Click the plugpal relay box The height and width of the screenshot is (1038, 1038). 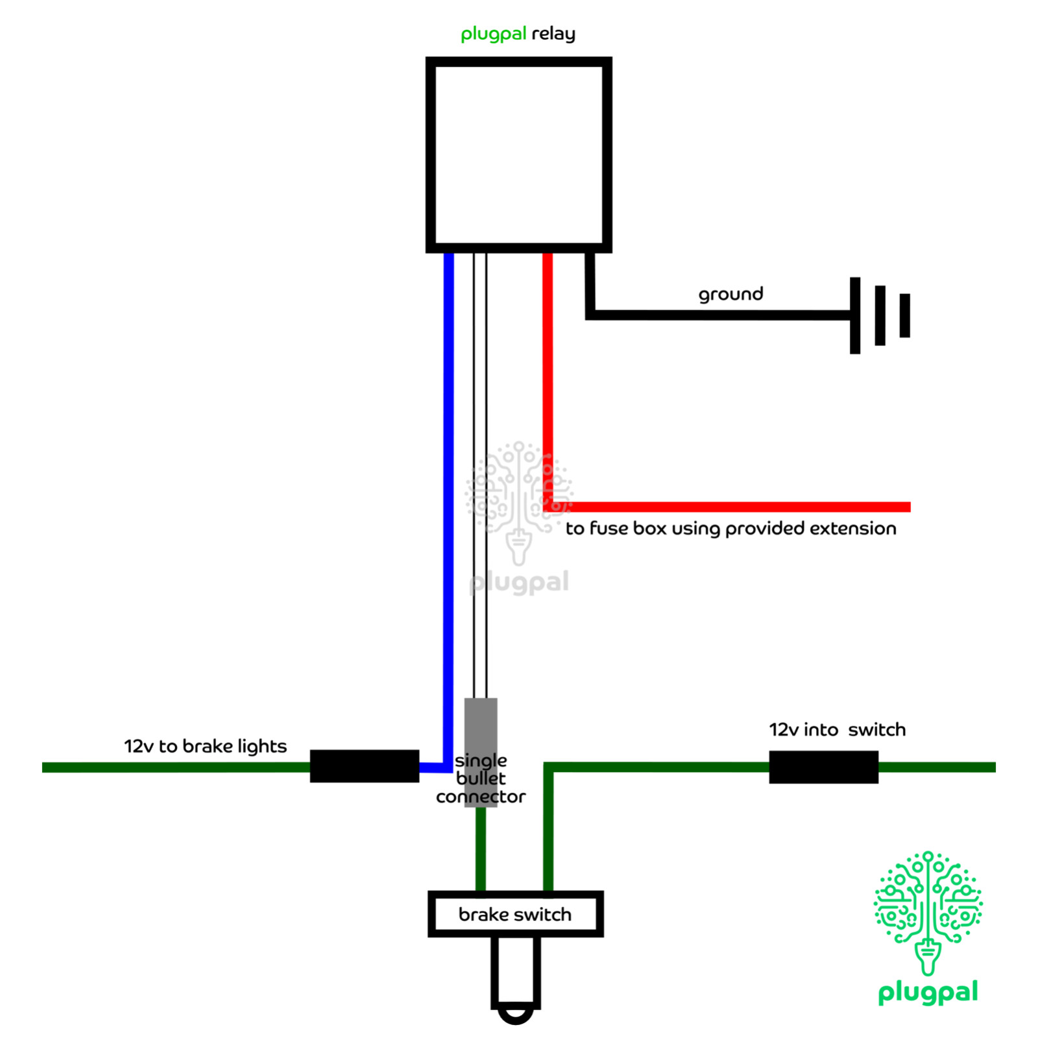518,154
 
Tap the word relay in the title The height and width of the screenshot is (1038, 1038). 553,33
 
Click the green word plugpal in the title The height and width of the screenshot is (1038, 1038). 493,33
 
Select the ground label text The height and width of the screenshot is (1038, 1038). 730,294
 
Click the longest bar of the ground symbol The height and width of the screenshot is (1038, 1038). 855,315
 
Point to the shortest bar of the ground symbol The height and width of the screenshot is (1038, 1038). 904,315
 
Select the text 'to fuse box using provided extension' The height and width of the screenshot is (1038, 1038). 730,528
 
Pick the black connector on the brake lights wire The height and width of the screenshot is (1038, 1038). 364,766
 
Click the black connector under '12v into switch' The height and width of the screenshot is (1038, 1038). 823,767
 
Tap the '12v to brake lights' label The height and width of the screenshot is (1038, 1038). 205,746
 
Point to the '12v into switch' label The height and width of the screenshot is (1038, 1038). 837,730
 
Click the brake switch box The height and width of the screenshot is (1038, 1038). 516,913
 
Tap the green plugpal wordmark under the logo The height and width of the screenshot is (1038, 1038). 928,993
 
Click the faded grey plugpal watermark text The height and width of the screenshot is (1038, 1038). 519,582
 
